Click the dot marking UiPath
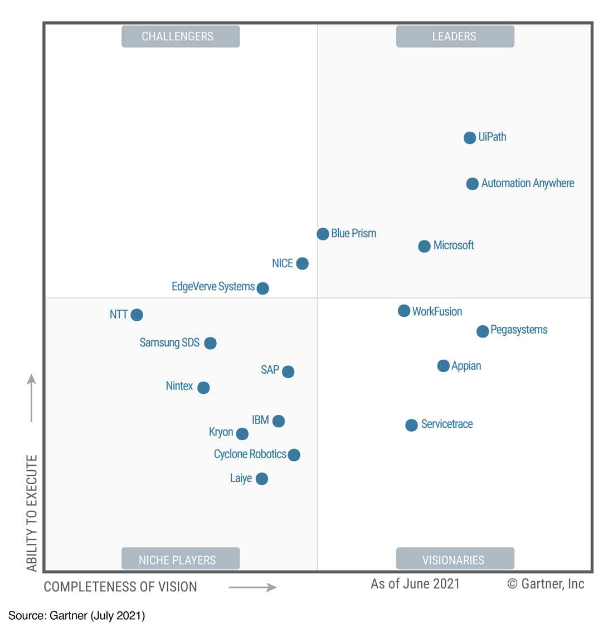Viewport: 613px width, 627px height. coord(470,138)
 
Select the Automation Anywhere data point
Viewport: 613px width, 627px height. coord(472,184)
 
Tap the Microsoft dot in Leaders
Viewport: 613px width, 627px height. coord(424,246)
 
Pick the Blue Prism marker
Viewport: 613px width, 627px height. coord(323,234)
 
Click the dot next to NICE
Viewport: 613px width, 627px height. coord(302,263)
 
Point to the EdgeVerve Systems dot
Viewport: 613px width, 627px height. coord(262,288)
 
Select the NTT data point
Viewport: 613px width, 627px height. coord(137,315)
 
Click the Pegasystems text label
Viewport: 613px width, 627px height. coord(519,330)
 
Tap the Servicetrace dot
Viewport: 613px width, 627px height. coord(411,425)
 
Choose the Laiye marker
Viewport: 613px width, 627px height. coord(261,479)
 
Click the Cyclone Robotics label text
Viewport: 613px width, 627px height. coord(250,454)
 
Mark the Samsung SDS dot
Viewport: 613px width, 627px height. coord(210,343)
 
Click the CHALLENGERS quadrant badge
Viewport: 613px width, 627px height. coord(181,36)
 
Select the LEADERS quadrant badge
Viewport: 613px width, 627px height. coord(455,36)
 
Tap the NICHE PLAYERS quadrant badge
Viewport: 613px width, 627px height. coord(181,559)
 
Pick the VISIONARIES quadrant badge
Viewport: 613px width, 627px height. coord(455,559)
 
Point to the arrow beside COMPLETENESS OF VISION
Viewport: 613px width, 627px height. coord(252,587)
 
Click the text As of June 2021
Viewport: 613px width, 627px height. coord(415,584)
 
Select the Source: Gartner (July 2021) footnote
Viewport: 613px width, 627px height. coord(77,615)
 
